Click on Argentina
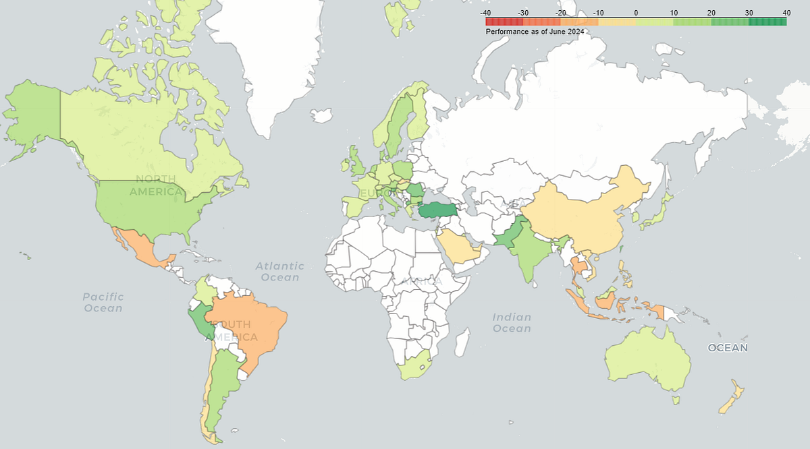tap(219, 391)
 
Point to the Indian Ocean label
tap(512, 322)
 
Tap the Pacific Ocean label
tap(103, 302)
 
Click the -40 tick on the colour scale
tap(485, 13)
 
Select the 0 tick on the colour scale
tap(636, 13)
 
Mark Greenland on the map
tap(283, 61)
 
